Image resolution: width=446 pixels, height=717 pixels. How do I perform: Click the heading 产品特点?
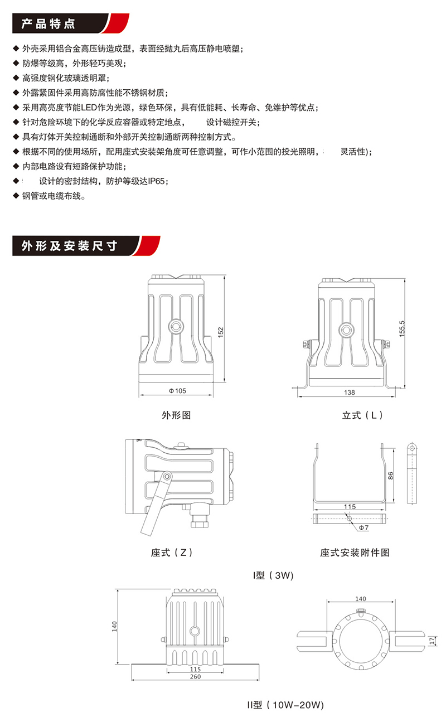click(x=47, y=25)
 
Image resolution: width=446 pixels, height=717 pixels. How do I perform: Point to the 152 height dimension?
click(x=221, y=332)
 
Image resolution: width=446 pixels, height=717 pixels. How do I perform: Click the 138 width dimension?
click(x=349, y=393)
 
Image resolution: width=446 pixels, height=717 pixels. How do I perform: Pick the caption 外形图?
click(x=176, y=415)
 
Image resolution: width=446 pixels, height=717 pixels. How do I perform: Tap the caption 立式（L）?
click(x=362, y=415)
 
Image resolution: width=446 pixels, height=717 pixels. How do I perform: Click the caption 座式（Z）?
click(x=172, y=553)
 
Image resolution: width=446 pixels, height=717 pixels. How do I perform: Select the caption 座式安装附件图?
click(x=355, y=553)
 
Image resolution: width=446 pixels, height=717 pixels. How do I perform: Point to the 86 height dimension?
click(x=391, y=476)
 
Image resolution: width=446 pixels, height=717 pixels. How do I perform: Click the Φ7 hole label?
click(x=362, y=527)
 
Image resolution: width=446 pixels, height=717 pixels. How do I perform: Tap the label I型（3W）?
click(x=273, y=575)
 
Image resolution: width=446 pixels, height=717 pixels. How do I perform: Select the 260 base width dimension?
click(x=195, y=677)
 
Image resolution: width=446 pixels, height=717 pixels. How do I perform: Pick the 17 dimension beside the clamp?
click(x=432, y=641)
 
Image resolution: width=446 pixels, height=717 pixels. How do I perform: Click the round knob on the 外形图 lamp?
click(x=176, y=326)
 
